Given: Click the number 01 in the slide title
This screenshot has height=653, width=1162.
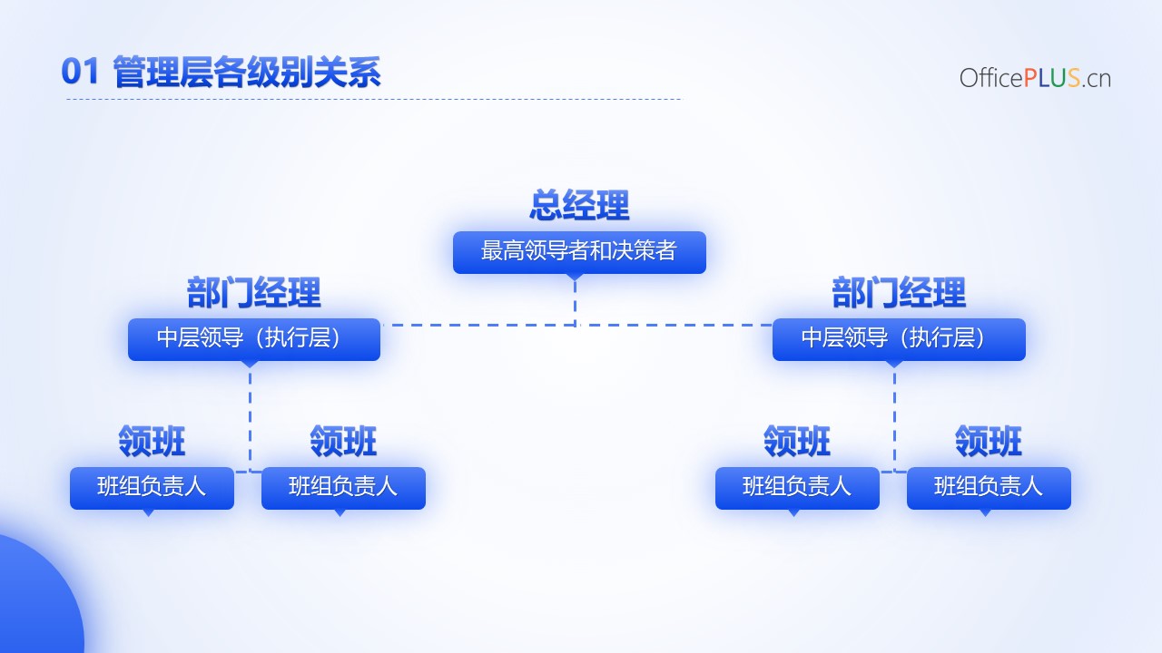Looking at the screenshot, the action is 80,71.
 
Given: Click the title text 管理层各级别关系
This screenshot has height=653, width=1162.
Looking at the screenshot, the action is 247,72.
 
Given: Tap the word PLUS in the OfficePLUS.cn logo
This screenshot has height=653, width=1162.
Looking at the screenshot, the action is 1052,78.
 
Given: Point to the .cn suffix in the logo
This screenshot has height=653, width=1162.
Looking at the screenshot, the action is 1096,79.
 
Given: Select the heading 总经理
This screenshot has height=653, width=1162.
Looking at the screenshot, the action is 579,205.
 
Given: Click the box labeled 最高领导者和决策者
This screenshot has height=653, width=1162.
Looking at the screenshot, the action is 579,252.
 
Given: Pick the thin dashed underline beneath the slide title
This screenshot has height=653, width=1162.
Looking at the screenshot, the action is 375,99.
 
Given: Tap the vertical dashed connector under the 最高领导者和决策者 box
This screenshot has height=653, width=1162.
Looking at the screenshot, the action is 575,303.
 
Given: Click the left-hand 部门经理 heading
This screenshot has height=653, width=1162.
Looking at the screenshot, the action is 253,293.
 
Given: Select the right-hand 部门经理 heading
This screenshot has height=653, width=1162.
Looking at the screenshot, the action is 899,293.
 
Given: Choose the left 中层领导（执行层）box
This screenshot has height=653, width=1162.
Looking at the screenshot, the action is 254,339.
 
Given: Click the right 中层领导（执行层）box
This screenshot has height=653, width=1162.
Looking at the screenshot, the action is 899,339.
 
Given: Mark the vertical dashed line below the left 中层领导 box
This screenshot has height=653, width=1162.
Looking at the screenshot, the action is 250,420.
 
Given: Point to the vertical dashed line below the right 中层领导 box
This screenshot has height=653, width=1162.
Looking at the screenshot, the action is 894,420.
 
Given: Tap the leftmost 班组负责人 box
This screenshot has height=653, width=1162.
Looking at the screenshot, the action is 152,488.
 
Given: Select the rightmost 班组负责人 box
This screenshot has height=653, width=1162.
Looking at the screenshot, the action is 989,488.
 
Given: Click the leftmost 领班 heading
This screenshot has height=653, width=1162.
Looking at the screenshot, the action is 152,441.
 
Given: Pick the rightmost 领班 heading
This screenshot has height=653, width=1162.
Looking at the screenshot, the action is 989,441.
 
